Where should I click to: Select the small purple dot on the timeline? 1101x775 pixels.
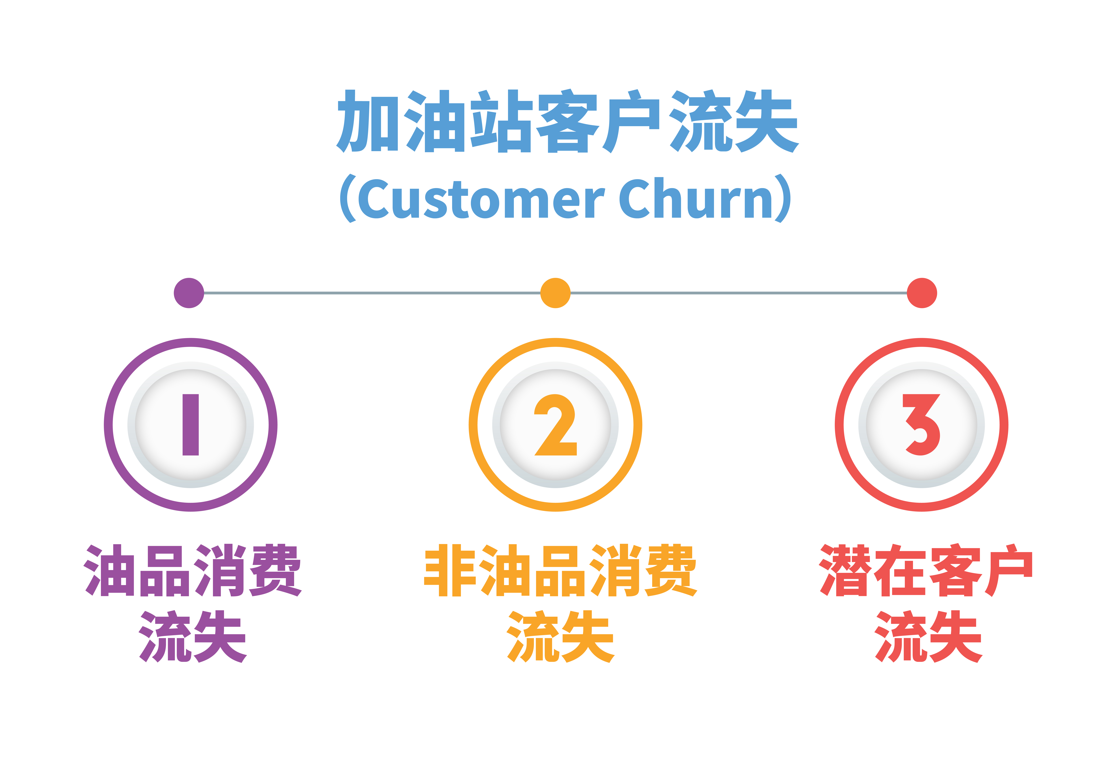coord(189,293)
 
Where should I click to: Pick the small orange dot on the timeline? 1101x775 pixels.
coord(555,293)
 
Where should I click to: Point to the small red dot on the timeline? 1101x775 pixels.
coord(922,293)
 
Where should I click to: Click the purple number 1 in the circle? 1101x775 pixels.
coord(191,425)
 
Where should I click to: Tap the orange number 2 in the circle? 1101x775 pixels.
coord(555,425)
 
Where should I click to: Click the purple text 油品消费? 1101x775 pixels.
coord(193,570)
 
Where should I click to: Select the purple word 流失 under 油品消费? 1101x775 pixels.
coord(193,636)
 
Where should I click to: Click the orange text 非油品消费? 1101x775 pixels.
coord(560,570)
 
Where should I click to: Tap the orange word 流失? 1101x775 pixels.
coord(560,636)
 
